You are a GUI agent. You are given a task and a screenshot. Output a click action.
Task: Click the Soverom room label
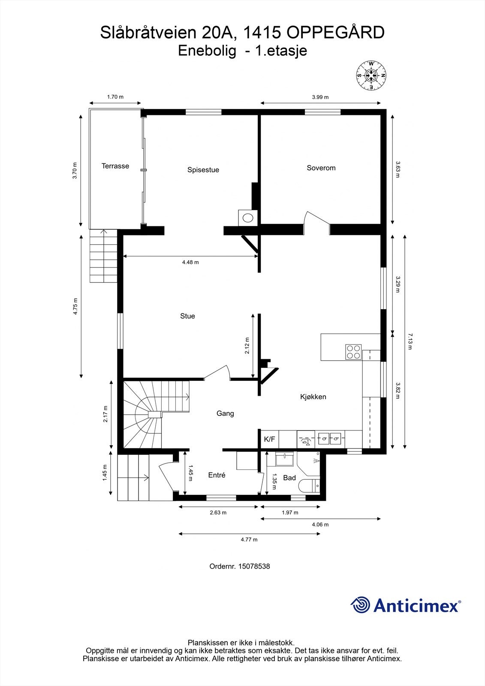[321, 168]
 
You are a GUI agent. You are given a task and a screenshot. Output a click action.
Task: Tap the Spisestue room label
[203, 170]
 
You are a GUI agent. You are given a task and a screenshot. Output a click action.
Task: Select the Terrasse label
[115, 166]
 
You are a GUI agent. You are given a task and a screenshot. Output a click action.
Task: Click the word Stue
[187, 316]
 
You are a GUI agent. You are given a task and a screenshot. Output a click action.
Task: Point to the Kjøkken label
[313, 397]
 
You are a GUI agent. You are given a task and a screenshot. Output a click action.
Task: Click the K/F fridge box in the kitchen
[269, 439]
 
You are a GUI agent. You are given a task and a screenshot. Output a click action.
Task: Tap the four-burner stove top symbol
[354, 352]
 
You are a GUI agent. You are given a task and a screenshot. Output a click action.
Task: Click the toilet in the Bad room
[308, 486]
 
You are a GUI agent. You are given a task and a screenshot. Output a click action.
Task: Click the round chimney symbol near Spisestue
[248, 217]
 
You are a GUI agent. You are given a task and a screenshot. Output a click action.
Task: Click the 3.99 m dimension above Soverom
[320, 97]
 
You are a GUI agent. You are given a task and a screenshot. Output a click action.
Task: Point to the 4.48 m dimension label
[190, 262]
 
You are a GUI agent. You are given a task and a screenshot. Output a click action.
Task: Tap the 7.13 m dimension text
[410, 341]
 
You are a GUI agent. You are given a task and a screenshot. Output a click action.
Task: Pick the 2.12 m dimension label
[247, 346]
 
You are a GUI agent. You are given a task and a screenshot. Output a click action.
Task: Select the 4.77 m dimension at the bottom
[249, 540]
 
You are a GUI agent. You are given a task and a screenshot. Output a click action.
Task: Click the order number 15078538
[239, 566]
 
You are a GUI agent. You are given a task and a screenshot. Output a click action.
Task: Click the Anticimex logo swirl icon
[360, 605]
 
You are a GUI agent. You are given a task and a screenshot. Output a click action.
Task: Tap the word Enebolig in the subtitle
[207, 51]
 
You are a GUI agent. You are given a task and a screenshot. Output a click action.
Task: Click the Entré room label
[217, 475]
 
